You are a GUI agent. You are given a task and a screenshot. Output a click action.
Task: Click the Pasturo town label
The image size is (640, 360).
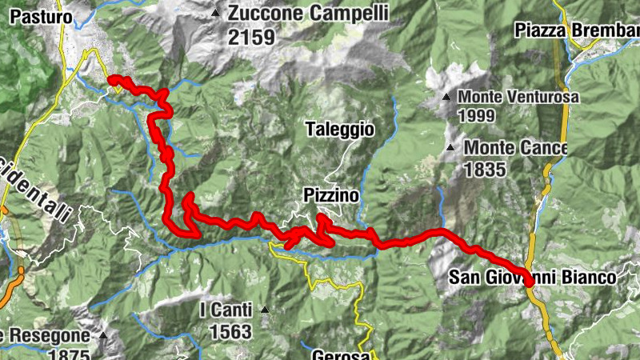click(x=37, y=16)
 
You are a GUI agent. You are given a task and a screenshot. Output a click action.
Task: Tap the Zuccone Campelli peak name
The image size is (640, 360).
click(x=308, y=14)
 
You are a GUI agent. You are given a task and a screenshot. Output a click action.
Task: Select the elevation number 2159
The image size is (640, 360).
click(x=251, y=37)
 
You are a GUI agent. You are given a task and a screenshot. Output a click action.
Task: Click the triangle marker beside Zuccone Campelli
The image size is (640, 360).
click(x=214, y=14)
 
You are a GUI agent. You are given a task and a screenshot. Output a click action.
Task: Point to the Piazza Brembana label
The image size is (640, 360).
click(x=577, y=30)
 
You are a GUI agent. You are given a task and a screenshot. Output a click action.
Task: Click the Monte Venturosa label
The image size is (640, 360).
click(x=518, y=98)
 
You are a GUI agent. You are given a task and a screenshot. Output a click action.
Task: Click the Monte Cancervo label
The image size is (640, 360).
click(x=515, y=149)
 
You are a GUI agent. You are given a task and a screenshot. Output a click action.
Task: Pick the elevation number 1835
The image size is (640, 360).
click(x=485, y=169)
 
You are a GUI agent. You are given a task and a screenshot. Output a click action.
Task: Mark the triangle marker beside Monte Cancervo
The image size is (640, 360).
click(x=451, y=148)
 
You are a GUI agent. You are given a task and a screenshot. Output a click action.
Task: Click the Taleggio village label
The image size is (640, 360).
click(x=339, y=130)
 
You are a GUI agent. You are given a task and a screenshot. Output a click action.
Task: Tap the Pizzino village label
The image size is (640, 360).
click(x=330, y=195)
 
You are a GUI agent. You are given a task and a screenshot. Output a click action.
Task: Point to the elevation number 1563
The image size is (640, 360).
click(x=230, y=330)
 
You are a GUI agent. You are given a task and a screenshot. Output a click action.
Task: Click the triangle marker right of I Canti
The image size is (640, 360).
click(x=264, y=310)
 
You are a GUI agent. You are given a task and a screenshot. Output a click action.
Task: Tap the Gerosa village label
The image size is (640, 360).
click(x=341, y=354)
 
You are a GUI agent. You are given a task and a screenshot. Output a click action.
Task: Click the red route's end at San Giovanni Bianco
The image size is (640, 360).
click(x=530, y=281)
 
